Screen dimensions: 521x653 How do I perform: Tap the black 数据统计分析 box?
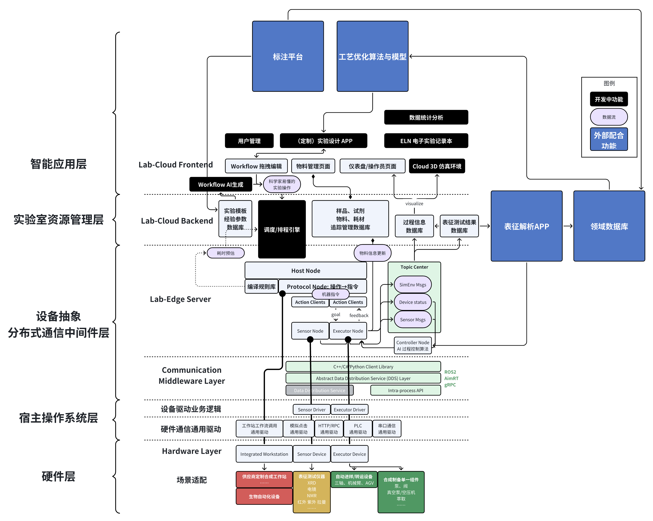(x=426, y=117)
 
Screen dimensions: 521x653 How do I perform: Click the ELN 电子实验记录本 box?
(x=426, y=141)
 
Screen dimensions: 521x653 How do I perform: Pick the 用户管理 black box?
(x=249, y=141)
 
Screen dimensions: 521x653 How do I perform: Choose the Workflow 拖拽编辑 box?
(x=256, y=166)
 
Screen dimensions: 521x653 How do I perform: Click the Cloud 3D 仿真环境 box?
(x=437, y=166)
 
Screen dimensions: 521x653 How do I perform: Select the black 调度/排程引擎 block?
(x=282, y=229)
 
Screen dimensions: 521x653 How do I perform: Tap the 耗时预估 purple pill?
(x=226, y=253)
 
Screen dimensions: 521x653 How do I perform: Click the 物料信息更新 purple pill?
(x=372, y=253)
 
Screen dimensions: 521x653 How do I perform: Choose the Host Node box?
(x=306, y=271)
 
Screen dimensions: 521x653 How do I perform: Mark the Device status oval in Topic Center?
(x=413, y=302)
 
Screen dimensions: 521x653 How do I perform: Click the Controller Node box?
(x=413, y=345)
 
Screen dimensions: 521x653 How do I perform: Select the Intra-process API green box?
(x=406, y=390)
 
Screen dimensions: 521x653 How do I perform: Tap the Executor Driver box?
(x=350, y=409)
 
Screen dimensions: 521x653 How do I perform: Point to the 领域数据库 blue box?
(x=609, y=226)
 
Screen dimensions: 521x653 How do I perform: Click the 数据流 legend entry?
(x=609, y=117)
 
